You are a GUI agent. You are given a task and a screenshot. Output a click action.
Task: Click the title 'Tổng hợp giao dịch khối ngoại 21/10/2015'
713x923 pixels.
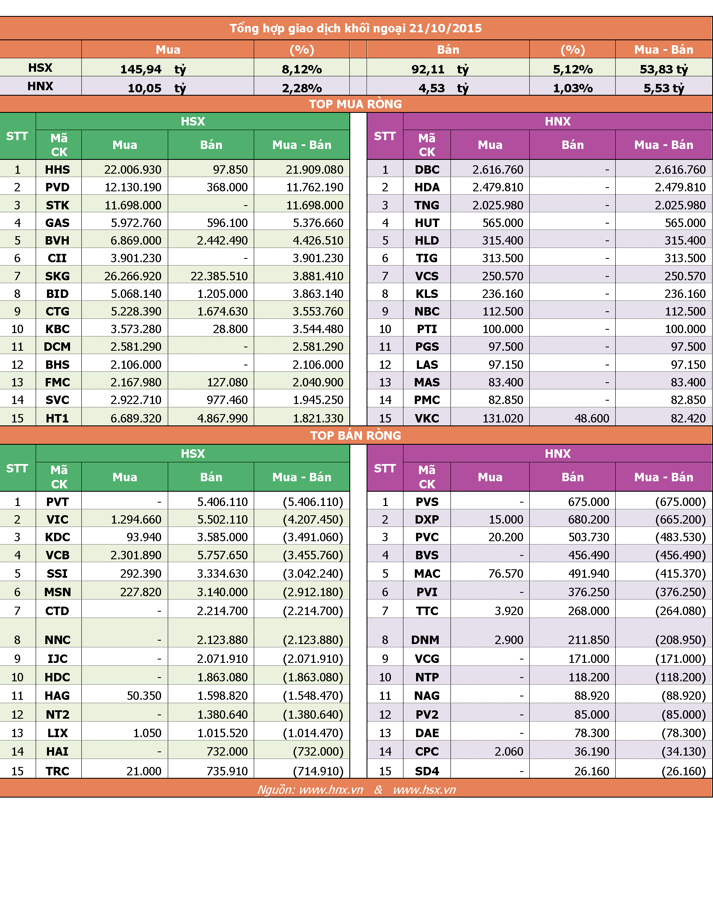point(356,28)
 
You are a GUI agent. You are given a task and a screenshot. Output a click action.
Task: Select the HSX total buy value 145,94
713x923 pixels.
point(141,69)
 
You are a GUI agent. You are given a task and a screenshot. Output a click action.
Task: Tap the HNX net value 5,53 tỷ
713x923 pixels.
point(664,89)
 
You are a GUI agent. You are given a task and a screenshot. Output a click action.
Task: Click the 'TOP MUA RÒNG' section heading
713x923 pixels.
point(356,104)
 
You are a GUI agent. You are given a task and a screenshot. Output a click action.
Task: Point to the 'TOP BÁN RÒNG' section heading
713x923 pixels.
point(356,435)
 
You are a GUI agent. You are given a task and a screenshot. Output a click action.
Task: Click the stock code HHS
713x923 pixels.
point(57,169)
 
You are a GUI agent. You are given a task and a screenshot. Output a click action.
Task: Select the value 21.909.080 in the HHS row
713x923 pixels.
point(315,169)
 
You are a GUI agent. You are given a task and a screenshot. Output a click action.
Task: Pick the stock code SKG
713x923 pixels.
point(57,276)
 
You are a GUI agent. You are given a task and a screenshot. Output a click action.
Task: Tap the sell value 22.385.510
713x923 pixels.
point(219,276)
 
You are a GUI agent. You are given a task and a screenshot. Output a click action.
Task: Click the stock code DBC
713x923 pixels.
point(427,169)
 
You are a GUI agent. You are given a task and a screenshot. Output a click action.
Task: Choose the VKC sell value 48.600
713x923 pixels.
point(592,418)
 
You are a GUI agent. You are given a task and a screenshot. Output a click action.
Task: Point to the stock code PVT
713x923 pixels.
point(57,502)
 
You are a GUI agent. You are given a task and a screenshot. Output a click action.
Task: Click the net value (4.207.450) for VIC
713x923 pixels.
point(313,519)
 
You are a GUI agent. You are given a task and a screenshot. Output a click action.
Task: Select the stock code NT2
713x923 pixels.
point(57,714)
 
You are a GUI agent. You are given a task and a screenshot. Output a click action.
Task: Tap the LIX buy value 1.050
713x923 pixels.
point(147,733)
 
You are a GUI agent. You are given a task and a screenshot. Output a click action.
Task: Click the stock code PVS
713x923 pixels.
point(427,502)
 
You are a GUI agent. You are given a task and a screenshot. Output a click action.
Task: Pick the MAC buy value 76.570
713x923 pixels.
point(506,574)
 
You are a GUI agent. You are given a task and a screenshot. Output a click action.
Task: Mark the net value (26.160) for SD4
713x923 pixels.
point(684,771)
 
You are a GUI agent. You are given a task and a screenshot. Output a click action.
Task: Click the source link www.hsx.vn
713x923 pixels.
point(424,790)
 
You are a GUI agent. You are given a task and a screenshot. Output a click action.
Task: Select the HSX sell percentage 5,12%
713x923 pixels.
point(573,69)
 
